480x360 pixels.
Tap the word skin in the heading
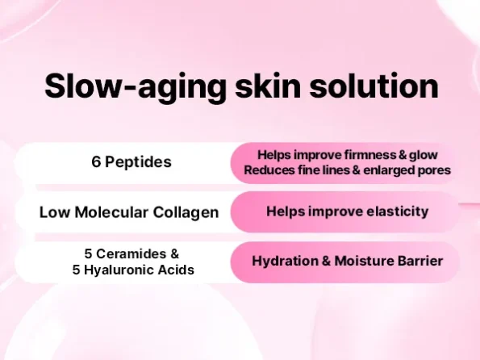pos(268,86)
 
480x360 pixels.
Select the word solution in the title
pos(374,86)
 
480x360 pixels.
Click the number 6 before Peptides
pos(96,161)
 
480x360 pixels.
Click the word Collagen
pos(186,213)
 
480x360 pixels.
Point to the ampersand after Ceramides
pos(174,253)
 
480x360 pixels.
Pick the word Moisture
pos(364,262)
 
